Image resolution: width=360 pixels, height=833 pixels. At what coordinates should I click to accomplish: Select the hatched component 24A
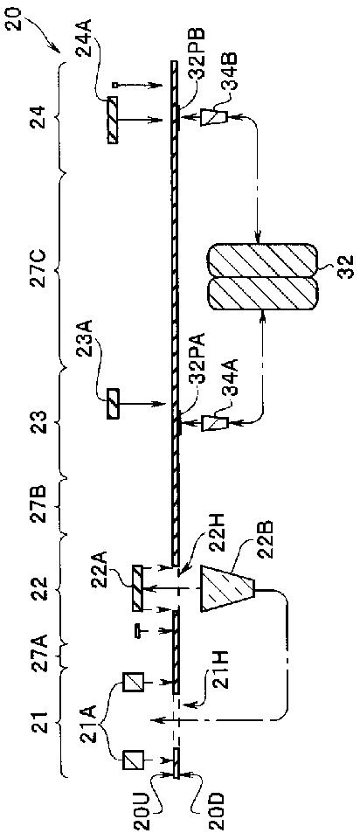113,120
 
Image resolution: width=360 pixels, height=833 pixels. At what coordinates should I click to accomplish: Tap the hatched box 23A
113,404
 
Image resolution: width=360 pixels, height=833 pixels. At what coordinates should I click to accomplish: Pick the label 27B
44,506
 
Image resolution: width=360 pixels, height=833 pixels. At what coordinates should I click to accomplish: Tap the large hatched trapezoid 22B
227,587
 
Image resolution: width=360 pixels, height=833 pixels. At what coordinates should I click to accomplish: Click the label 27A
44,660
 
